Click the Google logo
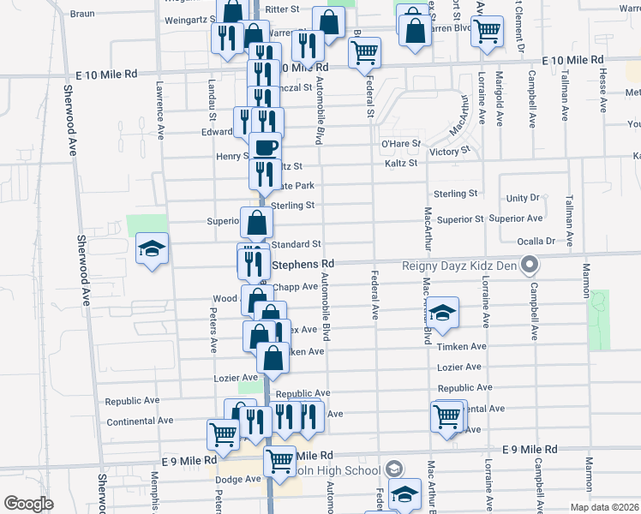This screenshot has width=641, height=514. [27, 504]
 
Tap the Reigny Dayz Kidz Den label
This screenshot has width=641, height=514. [459, 265]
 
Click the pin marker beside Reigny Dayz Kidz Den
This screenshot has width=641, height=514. [529, 264]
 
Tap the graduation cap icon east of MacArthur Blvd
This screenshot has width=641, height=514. [442, 314]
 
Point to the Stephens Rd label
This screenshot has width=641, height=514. [302, 264]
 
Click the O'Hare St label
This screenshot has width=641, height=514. [401, 143]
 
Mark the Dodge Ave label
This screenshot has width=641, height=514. [241, 479]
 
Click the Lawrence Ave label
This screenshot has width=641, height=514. [159, 110]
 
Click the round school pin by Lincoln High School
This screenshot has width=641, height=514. [393, 469]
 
